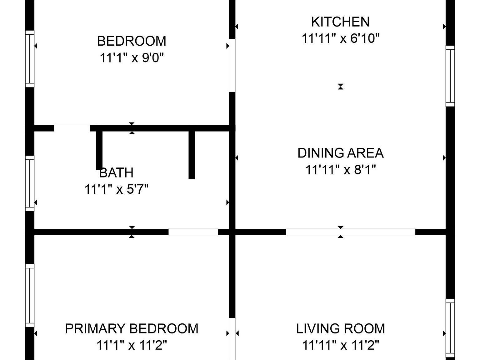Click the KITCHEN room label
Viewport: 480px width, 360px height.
(x=340, y=22)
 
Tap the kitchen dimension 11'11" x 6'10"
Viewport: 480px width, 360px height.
(x=340, y=38)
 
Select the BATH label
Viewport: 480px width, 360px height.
(x=116, y=172)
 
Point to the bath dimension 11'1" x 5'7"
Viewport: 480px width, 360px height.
(x=116, y=189)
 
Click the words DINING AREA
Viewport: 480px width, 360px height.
(x=340, y=153)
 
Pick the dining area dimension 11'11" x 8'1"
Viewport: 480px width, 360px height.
(x=340, y=170)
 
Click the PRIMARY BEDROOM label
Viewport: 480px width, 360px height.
(x=132, y=329)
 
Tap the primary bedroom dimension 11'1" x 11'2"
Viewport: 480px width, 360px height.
(x=132, y=345)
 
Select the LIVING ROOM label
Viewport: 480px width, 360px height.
(x=340, y=329)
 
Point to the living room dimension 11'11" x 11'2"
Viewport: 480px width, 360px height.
(x=340, y=345)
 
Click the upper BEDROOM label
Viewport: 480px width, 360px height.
(x=132, y=41)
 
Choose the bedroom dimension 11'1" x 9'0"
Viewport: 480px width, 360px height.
(x=132, y=58)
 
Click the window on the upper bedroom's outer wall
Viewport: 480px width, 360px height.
(x=29, y=59)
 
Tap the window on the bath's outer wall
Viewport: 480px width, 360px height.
(x=29, y=183)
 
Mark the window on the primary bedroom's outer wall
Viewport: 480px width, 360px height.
(x=29, y=295)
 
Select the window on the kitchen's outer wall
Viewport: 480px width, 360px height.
(x=450, y=76)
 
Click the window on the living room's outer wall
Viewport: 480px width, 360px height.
(x=450, y=328)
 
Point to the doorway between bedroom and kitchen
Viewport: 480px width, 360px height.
(x=232, y=65)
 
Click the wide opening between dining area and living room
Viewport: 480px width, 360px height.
(x=350, y=232)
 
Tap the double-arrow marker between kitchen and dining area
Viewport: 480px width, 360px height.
(x=340, y=87)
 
